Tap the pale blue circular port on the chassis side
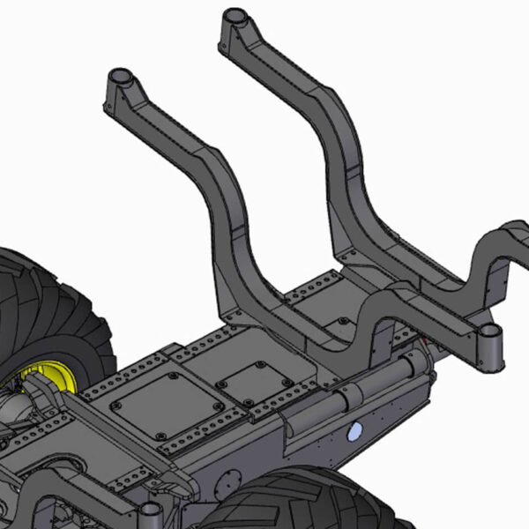coord(355,431)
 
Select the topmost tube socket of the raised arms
coord(235,18)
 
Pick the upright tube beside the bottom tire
coord(151,515)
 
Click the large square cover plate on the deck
coord(168,406)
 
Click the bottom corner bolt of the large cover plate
coord(160,436)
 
